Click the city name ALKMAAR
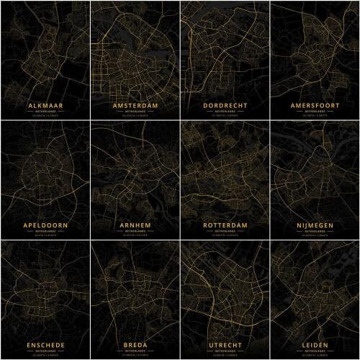(x=45, y=105)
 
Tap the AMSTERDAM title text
(x=135, y=105)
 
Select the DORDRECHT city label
(x=225, y=105)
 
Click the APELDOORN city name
(x=45, y=225)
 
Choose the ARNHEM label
(x=135, y=225)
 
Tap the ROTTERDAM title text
(x=225, y=225)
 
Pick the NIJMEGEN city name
(x=315, y=225)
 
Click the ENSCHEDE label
(x=45, y=345)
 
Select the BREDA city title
(x=135, y=345)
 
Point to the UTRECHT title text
(x=225, y=345)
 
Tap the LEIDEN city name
(x=315, y=345)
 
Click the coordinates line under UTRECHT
(x=225, y=355)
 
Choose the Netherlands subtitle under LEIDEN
(x=315, y=351)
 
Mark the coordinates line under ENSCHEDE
(x=45, y=355)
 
